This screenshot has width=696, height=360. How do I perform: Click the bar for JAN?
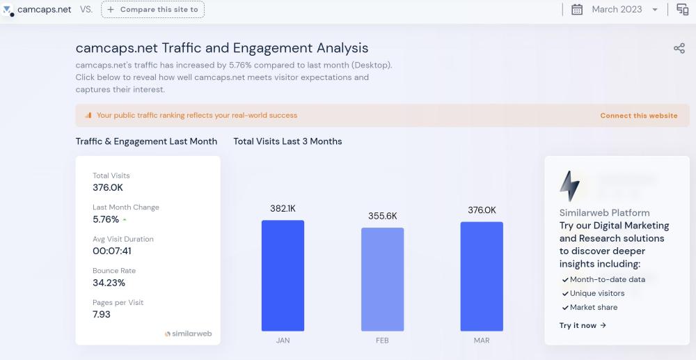(283, 276)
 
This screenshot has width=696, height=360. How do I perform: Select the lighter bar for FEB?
(382, 279)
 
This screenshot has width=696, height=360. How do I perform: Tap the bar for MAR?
(482, 276)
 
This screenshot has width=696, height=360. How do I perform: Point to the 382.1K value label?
(283, 208)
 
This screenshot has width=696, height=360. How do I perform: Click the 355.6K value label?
(382, 216)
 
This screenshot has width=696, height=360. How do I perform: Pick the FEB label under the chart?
(382, 341)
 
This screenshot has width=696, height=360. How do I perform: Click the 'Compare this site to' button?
(153, 10)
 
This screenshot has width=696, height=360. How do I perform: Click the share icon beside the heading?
(679, 48)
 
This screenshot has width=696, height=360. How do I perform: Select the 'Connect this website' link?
(638, 116)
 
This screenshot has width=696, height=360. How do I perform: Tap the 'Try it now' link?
(583, 325)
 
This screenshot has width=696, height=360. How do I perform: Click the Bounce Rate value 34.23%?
(109, 283)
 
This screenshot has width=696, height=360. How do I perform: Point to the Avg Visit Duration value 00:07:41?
(112, 251)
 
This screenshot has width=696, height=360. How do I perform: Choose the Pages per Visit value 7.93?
(102, 314)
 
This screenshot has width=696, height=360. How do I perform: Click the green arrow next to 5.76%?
(125, 220)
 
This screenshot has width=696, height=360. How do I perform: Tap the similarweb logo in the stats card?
(188, 334)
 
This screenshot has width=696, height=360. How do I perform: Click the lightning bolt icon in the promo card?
(569, 186)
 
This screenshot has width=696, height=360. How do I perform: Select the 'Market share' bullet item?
(593, 307)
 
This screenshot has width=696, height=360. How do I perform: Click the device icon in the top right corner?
(682, 10)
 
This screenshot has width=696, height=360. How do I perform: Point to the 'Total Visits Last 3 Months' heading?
(287, 141)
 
